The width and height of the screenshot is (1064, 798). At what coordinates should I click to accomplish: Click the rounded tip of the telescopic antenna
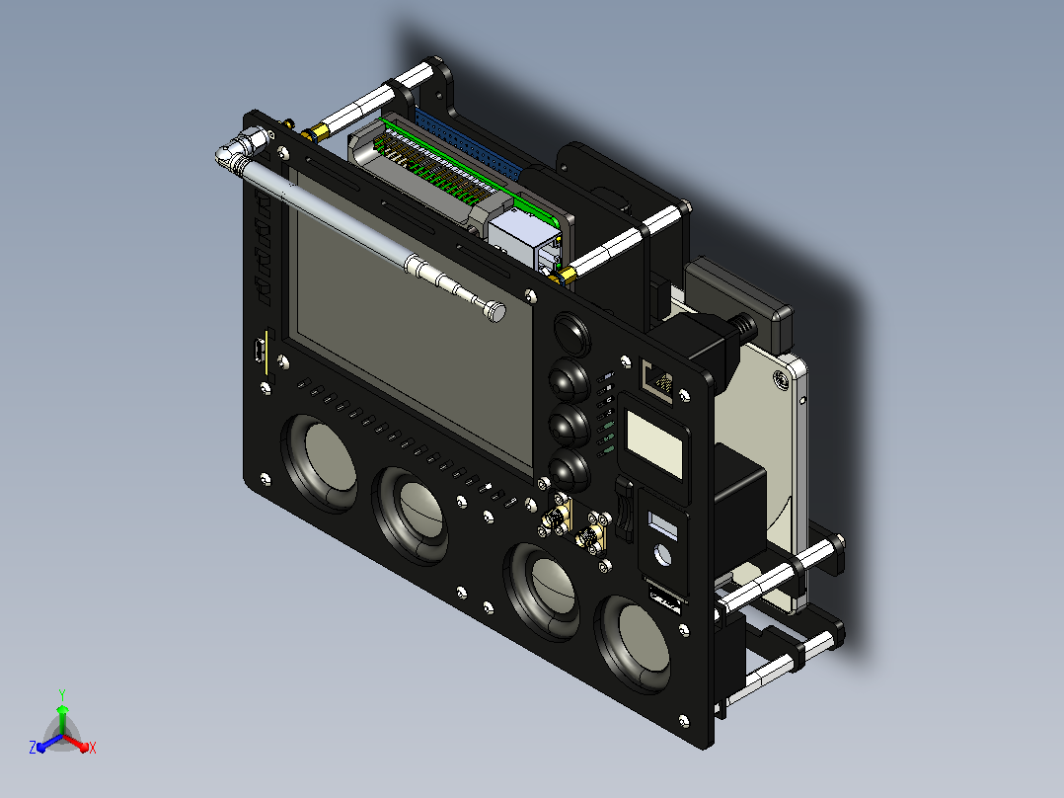pos(496,311)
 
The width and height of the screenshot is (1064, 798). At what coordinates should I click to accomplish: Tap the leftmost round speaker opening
pos(319,462)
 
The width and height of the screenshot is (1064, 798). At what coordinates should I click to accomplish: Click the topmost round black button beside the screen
pos(572,334)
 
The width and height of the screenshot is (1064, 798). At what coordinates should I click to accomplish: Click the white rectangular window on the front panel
pos(654,444)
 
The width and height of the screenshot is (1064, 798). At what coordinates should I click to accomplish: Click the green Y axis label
pos(62,694)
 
